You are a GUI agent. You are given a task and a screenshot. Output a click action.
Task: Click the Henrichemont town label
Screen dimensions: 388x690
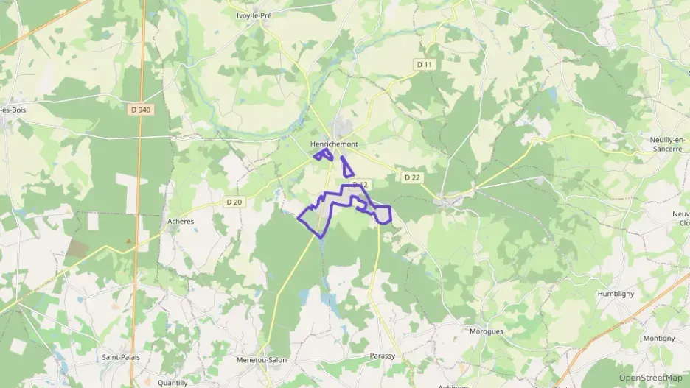coord(334,144)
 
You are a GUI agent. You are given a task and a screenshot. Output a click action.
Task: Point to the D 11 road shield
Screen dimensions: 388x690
coord(424,65)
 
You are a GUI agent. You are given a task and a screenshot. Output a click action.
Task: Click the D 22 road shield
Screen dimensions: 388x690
coord(412,177)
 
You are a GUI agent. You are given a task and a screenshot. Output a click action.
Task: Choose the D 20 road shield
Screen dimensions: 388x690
coord(234,202)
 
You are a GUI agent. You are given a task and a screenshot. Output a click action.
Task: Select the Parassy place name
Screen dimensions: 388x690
coord(382,356)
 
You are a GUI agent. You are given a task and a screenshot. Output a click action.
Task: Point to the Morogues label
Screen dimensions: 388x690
coord(486,331)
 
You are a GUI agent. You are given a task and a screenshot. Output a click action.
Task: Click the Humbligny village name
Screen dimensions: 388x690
coord(616,293)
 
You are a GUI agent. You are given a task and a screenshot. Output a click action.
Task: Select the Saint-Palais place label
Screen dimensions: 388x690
coord(121,357)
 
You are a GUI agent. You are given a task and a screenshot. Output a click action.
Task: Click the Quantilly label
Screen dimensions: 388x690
coord(172,383)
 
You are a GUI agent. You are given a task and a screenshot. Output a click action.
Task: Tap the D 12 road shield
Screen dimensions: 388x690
coord(360,184)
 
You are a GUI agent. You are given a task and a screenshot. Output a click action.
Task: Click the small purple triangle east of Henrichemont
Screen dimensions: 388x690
coord(347,166)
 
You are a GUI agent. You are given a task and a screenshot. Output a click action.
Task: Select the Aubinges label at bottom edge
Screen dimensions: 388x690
coord(453,385)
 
